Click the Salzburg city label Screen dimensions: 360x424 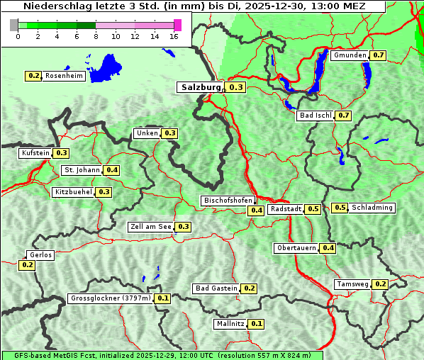point(201,87)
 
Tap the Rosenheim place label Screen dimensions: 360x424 point(64,76)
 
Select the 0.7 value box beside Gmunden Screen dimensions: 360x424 point(378,55)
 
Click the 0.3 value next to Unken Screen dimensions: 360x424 point(169,133)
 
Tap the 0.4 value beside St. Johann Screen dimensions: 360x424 point(112,170)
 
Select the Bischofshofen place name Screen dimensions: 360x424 point(228,201)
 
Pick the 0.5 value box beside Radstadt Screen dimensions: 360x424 point(313,209)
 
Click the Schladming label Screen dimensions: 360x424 point(372,208)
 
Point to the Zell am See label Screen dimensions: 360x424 point(150,227)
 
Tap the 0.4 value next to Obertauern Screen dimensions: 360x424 point(328,248)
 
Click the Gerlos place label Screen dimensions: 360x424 point(40,255)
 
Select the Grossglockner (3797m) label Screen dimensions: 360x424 point(111,298)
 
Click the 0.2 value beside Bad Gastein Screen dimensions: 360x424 point(249,288)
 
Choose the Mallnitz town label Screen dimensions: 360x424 point(230,324)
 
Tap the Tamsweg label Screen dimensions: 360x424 point(352,284)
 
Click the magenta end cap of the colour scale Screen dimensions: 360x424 point(177,25)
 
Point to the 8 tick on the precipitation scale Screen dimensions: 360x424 point(96,36)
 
